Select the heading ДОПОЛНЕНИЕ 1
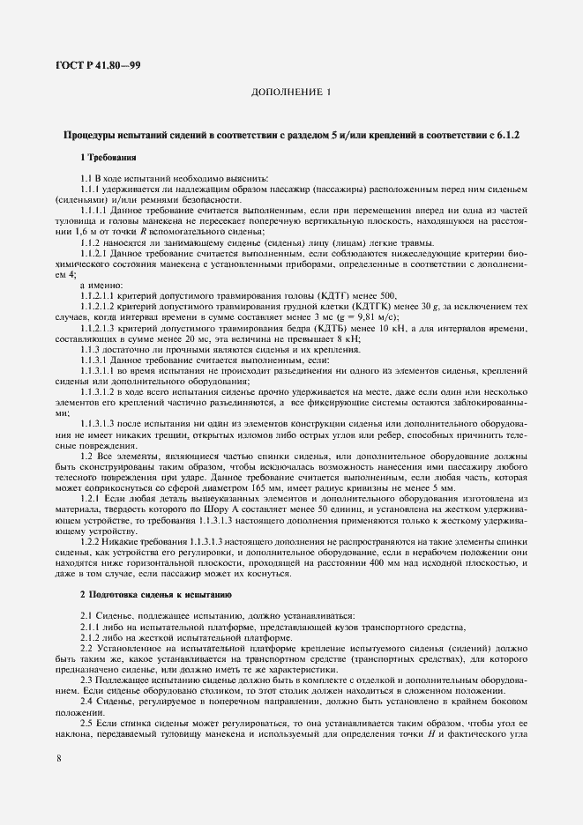point(291,93)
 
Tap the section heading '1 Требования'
point(108,158)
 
